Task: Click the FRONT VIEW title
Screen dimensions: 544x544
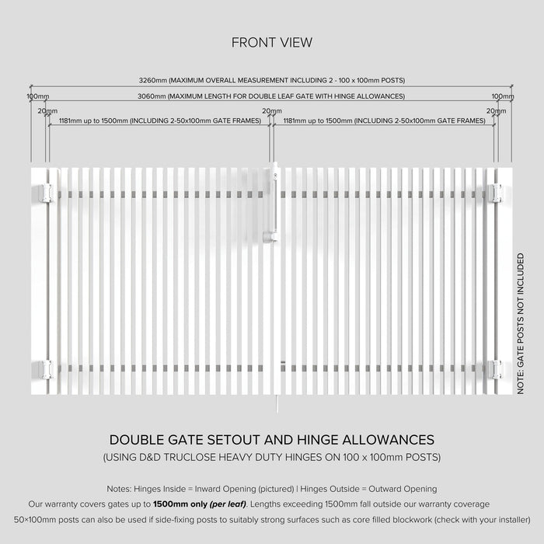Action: tap(272, 43)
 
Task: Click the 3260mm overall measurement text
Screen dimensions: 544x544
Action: tap(271, 80)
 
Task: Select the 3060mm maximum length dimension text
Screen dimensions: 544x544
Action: tap(271, 96)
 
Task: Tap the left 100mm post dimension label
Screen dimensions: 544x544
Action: tap(38, 96)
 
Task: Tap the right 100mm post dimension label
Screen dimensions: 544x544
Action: tap(503, 96)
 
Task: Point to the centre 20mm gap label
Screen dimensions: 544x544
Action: tap(271, 111)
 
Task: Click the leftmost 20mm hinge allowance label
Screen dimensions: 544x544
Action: tap(47, 111)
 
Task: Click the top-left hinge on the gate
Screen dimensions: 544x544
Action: tap(46, 193)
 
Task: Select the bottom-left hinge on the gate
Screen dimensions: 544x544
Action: tap(46, 369)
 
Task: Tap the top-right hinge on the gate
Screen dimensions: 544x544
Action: tap(496, 193)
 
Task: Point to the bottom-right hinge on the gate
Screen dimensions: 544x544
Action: tap(496, 369)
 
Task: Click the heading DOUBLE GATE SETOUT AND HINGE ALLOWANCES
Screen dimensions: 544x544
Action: tap(272, 440)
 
